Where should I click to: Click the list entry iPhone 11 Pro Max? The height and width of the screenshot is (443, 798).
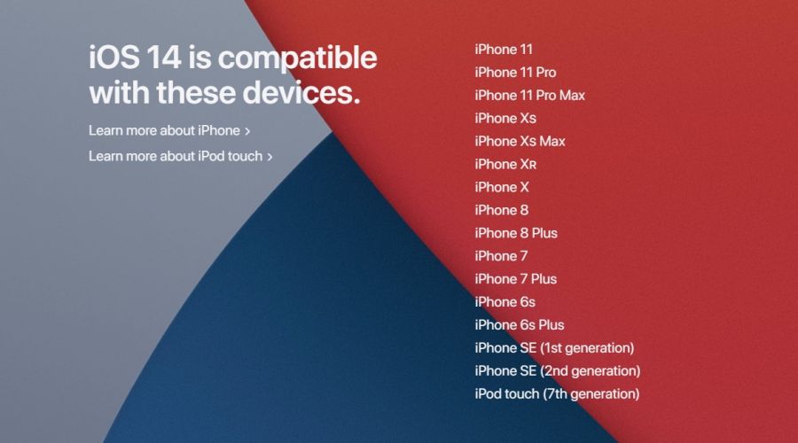tap(530, 96)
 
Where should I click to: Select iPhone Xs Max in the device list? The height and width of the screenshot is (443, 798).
tap(520, 142)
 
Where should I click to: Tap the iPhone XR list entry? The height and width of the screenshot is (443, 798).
tap(505, 164)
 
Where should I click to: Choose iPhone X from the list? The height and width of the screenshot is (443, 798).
tap(502, 187)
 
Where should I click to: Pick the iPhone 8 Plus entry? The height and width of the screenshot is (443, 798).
tap(516, 233)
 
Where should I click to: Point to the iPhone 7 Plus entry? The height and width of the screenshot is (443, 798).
tap(515, 279)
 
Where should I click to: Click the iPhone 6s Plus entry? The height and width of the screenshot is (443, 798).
tap(519, 324)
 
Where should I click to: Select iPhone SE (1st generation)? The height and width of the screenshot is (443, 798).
tap(554, 348)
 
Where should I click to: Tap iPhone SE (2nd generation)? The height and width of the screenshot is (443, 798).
tap(558, 370)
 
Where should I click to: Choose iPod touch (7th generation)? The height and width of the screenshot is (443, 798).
tap(557, 393)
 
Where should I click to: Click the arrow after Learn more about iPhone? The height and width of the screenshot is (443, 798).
tap(247, 131)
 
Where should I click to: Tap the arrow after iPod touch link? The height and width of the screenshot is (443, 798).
tap(270, 157)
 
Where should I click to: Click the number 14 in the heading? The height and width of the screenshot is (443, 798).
tap(164, 57)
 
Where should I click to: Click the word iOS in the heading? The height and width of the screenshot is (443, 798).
tap(114, 57)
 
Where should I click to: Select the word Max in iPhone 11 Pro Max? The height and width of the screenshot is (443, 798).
tap(572, 96)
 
